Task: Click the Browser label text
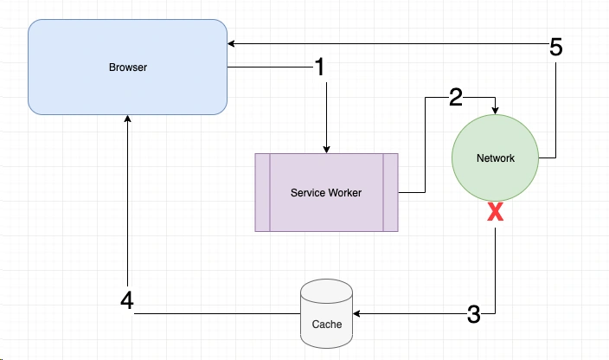(x=128, y=67)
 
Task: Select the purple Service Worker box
(x=326, y=192)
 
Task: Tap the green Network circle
(x=495, y=158)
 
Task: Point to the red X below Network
(x=495, y=212)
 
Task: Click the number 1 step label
(x=320, y=67)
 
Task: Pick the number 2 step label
(x=456, y=97)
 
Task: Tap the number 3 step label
(x=473, y=314)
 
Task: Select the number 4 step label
(x=127, y=302)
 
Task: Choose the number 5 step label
(x=556, y=48)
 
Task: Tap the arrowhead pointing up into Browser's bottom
(x=127, y=120)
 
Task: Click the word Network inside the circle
(x=495, y=158)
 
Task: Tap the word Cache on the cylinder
(x=326, y=325)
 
